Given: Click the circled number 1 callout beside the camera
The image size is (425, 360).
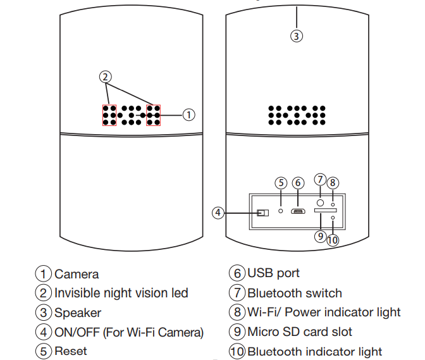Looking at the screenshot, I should (x=188, y=115).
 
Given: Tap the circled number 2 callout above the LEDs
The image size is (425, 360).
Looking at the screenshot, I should (x=106, y=77).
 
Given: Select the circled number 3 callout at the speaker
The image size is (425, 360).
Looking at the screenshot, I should (x=297, y=35).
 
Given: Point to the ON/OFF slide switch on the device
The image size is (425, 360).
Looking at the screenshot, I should (x=262, y=212).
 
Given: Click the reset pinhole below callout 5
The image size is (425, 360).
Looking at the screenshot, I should (x=281, y=210).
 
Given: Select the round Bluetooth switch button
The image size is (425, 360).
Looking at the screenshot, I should (x=321, y=202).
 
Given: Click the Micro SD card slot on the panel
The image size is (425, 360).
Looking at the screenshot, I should (x=326, y=210).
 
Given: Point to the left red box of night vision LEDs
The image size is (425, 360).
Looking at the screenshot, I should (x=109, y=115).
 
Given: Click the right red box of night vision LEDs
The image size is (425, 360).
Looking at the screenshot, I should (x=153, y=115).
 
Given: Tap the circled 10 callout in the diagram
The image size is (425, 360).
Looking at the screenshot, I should (x=333, y=240).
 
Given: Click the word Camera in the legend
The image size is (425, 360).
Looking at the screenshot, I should (x=77, y=274).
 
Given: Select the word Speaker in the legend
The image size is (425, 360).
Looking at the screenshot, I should (x=78, y=313).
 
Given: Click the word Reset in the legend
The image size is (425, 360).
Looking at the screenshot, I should (x=71, y=351).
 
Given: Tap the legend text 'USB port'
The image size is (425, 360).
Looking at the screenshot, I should (x=273, y=273).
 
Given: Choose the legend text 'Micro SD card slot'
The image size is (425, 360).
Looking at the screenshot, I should (x=300, y=332).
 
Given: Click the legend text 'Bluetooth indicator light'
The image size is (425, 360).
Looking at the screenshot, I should (x=314, y=351).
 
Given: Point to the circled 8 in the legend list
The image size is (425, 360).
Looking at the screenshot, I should (x=237, y=312).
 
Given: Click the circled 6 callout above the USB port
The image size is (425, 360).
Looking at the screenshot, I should (x=299, y=183).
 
